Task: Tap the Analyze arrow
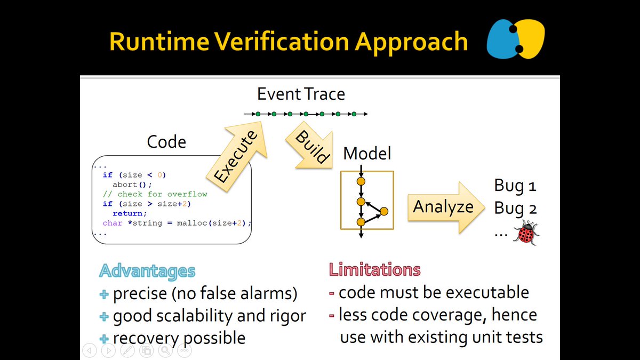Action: [443, 207]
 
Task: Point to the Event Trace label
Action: [301, 94]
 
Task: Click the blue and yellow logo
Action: [515, 39]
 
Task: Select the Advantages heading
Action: [147, 271]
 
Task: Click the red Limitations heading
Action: [374, 270]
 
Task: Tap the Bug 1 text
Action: [515, 186]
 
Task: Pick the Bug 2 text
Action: [515, 209]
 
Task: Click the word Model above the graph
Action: [367, 154]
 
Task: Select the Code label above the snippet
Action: [166, 142]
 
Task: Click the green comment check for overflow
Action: [155, 194]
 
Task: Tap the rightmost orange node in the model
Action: [384, 211]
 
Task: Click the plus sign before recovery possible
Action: [105, 338]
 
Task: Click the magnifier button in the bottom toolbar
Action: [165, 350]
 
